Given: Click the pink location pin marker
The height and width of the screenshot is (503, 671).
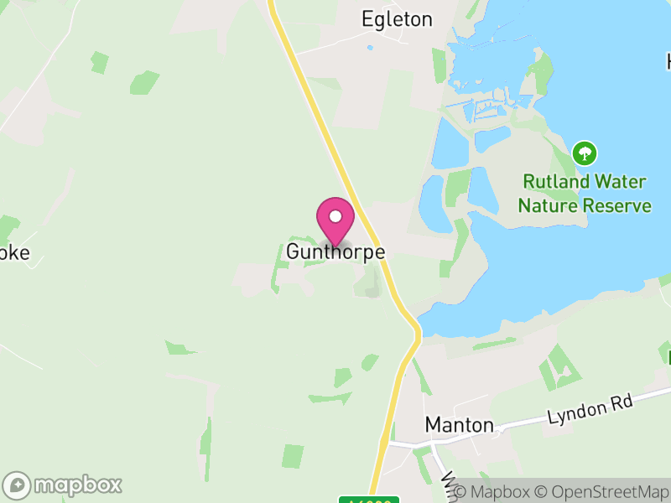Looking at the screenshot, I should tap(335, 220).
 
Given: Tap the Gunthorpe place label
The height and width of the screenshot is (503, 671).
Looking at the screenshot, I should tap(335, 251).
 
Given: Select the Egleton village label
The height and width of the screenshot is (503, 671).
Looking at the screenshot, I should tap(397, 19).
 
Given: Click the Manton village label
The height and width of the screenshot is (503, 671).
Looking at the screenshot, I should tap(459, 425).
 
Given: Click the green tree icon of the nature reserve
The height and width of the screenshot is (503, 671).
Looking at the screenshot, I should tap(584, 153).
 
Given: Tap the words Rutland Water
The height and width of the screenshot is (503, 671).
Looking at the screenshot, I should tap(584, 181).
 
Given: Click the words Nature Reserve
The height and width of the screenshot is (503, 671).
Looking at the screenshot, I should tap(584, 205).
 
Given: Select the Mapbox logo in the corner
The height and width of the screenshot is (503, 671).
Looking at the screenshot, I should tap(64, 485).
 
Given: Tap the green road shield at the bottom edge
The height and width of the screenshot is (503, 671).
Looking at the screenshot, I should tap(369, 500).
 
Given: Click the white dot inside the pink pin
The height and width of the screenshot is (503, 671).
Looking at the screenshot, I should tap(335, 216).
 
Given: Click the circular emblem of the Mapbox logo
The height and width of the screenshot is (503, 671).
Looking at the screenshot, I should tap(18, 485).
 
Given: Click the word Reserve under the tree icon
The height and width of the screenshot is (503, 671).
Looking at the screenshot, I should tap(618, 205).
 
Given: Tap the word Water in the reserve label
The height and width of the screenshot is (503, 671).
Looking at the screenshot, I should tap(621, 181).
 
